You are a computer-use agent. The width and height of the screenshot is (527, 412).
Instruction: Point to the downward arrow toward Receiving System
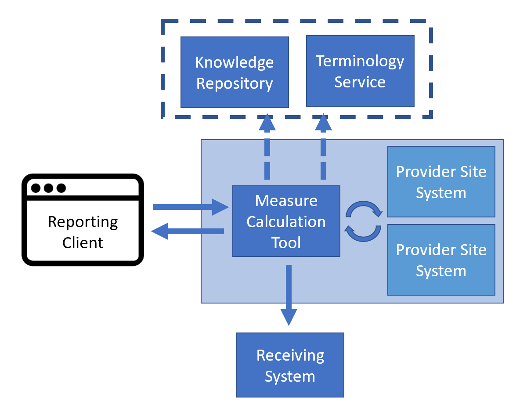point(289,294)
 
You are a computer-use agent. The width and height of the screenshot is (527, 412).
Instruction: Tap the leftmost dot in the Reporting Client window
point(36,188)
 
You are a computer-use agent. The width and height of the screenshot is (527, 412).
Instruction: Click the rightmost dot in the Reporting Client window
point(61,188)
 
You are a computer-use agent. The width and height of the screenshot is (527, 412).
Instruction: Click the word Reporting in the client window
point(83,222)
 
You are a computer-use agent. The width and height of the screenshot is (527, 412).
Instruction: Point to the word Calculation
point(286,222)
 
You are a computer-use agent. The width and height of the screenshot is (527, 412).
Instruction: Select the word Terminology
point(360,61)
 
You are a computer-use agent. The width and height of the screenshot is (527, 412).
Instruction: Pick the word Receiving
point(290,355)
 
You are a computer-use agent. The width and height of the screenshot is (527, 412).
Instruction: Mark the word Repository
point(235,83)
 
